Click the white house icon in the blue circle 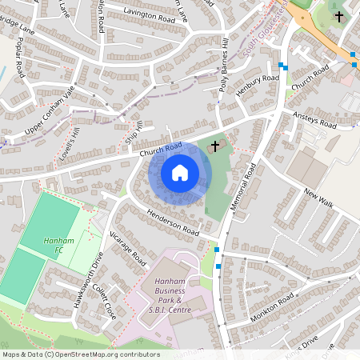180,172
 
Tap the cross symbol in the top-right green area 338,15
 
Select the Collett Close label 105,302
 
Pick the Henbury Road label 258,85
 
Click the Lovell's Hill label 72,144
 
